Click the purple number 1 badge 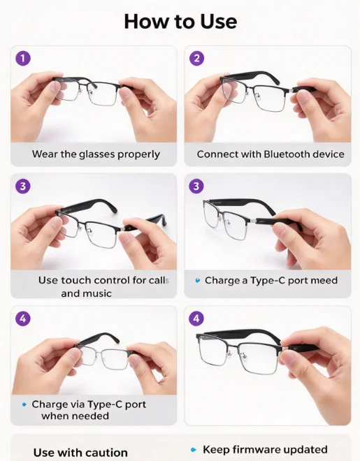(x=23, y=58)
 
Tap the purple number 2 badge (x=196, y=58)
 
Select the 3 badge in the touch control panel (x=23, y=186)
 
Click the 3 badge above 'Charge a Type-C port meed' (x=196, y=186)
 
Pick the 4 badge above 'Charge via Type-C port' (x=23, y=319)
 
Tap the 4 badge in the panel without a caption (x=196, y=319)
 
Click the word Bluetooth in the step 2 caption (x=283, y=154)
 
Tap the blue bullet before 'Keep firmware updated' (x=193, y=450)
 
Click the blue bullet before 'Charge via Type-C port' (x=24, y=405)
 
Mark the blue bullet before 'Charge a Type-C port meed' (x=198, y=281)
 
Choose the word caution (x=108, y=453)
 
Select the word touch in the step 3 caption (x=76, y=280)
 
